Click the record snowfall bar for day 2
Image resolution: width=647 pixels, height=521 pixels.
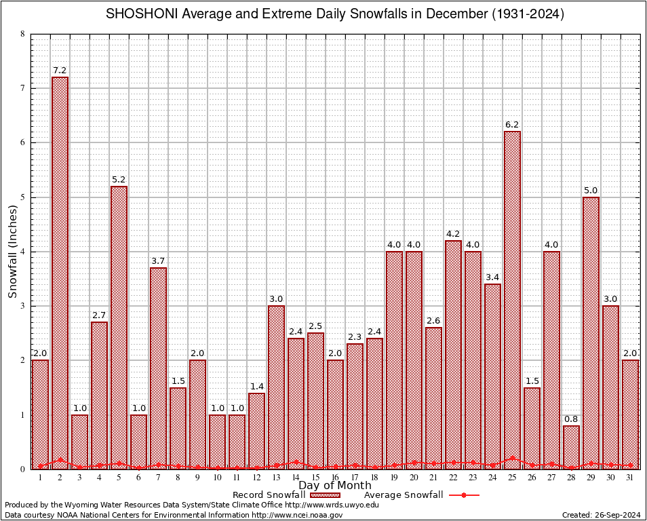pyautogui.click(x=60, y=271)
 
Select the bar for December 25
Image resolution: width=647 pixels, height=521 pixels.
pyautogui.click(x=512, y=298)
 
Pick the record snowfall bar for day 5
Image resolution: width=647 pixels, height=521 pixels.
pyautogui.click(x=119, y=326)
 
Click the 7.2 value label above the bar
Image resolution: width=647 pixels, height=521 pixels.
pyautogui.click(x=60, y=71)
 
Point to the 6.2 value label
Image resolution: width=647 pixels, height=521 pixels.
pyautogui.click(x=512, y=125)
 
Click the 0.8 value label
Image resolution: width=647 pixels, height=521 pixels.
pyautogui.click(x=571, y=419)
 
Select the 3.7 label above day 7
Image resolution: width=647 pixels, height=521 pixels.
pyautogui.click(x=158, y=261)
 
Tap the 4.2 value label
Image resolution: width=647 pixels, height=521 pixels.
pyautogui.click(x=453, y=234)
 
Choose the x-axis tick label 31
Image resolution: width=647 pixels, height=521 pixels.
pyautogui.click(x=630, y=478)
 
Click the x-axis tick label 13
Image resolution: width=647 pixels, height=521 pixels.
pyautogui.click(x=276, y=478)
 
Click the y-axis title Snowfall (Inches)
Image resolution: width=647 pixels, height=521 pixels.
pyautogui.click(x=12, y=251)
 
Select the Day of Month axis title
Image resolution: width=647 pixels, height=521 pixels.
pyautogui.click(x=334, y=486)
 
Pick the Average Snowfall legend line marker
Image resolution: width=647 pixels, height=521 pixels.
pyautogui.click(x=463, y=495)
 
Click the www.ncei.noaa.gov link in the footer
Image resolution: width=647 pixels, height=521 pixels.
pyautogui.click(x=297, y=515)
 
